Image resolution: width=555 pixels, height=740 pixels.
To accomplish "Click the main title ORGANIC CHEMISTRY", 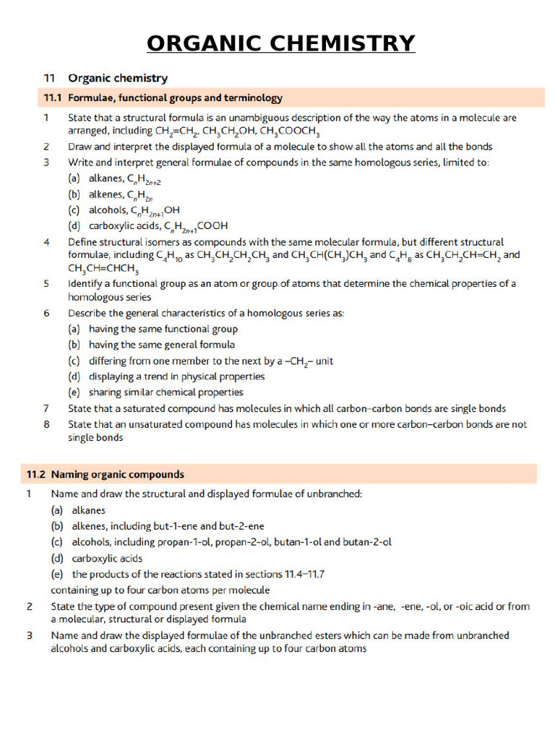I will tap(280, 43).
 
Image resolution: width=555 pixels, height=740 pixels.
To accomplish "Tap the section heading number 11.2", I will tap(36, 475).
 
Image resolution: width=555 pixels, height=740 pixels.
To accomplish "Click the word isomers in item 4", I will tap(160, 242).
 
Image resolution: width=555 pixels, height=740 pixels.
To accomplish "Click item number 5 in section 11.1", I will tap(46, 283).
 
